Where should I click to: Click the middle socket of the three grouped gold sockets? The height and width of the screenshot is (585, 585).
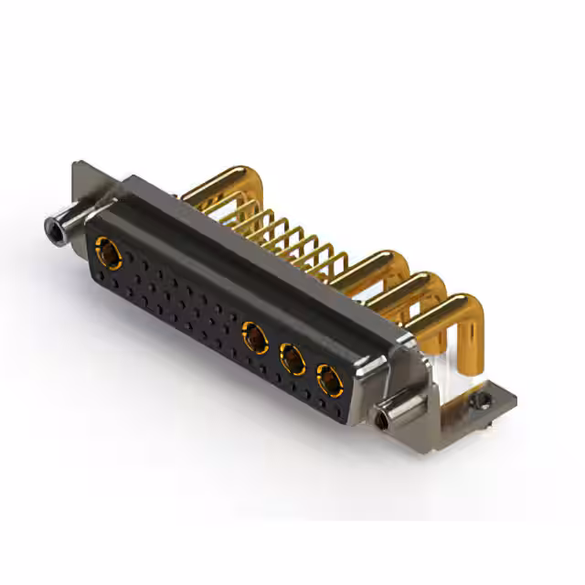292,360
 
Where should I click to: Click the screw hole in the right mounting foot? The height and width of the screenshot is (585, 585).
475,399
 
